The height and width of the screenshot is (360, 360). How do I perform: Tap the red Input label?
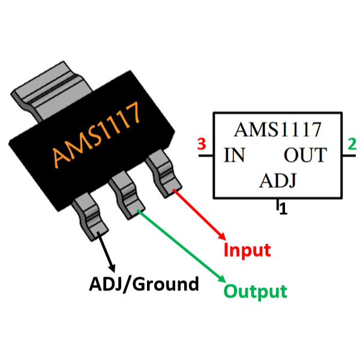click(247, 250)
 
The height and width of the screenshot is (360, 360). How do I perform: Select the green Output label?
click(255, 292)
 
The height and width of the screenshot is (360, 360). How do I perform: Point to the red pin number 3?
click(202, 145)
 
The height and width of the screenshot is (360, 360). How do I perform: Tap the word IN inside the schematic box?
click(234, 156)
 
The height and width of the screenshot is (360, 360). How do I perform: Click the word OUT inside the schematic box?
click(305, 156)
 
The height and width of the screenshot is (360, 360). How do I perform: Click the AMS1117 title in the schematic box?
click(277, 130)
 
